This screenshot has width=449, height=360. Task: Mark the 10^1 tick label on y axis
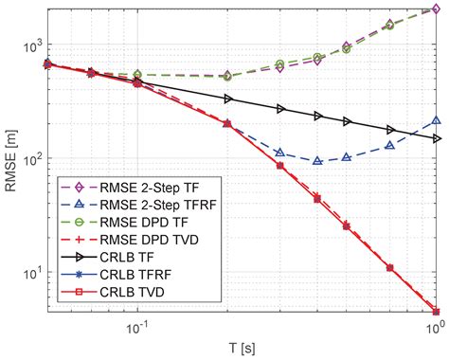point(32,273)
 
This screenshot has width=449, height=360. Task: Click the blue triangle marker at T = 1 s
point(435,120)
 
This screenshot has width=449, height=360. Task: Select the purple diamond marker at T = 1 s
point(435,9)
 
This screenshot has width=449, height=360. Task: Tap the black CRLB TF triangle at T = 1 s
point(435,138)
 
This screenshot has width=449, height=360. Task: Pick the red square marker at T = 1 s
point(435,311)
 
